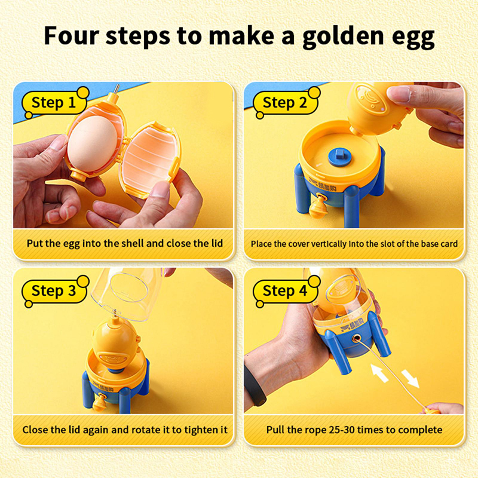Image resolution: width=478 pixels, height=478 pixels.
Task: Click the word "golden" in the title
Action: click(343, 36)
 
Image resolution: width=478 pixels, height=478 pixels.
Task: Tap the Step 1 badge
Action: click(55, 102)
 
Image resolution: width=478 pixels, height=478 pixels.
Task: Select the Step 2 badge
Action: click(286, 102)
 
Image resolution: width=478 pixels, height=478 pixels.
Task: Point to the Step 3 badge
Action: click(55, 291)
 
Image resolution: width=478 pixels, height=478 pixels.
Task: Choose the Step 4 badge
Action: click(286, 291)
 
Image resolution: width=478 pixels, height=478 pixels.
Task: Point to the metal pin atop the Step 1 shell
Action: click(115, 90)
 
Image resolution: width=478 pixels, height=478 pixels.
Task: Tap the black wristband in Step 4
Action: click(255, 385)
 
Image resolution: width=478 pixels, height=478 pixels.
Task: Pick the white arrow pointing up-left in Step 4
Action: click(379, 372)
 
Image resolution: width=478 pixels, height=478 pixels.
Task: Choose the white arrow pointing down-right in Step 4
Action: click(410, 379)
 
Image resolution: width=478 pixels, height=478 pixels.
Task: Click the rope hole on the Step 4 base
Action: click(356, 338)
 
